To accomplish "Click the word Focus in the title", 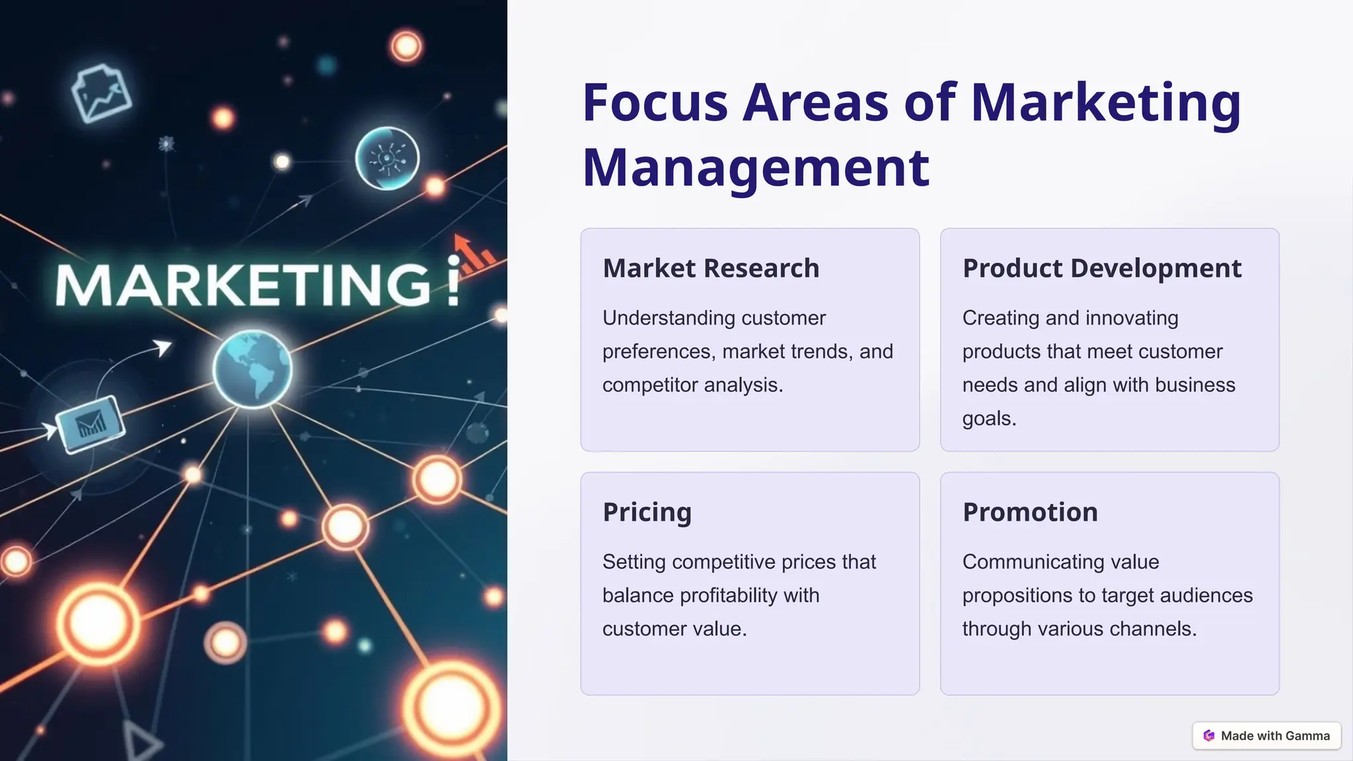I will pos(654,103).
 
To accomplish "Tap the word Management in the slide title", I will pos(756,168).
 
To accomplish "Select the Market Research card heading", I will pos(711,268).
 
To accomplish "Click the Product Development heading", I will pos(1102,268).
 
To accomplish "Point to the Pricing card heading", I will pos(647,513).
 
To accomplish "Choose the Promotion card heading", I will pos(1030,513).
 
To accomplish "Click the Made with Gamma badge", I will pos(1266,735).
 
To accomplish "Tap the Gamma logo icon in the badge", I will pos(1209,736).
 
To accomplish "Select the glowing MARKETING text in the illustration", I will pos(244,285).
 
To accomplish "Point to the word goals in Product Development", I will pos(988,419).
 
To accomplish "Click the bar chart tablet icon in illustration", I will pos(90,423).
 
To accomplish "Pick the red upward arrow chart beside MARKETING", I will pos(474,254).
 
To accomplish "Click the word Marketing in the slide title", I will pos(1105,103).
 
